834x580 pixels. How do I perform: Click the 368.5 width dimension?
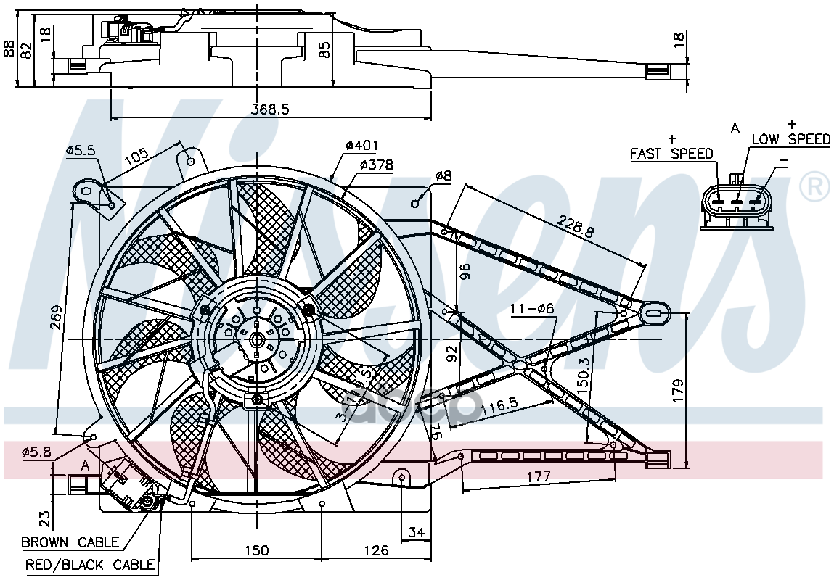[x=270, y=109]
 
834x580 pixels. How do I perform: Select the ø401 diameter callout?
[x=361, y=146]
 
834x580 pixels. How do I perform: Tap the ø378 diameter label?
[x=376, y=165]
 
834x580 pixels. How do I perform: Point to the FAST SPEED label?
[x=671, y=154]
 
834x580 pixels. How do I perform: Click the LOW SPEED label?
[x=790, y=139]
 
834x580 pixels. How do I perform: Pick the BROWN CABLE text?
[x=70, y=542]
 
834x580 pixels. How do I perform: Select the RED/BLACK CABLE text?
[x=90, y=564]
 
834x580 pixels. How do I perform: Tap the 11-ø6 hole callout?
[x=531, y=308]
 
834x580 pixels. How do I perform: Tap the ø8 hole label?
[x=443, y=175]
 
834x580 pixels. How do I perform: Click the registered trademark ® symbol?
[x=814, y=187]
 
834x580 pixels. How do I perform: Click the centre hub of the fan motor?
[x=256, y=339]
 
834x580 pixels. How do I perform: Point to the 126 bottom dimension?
[x=375, y=550]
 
